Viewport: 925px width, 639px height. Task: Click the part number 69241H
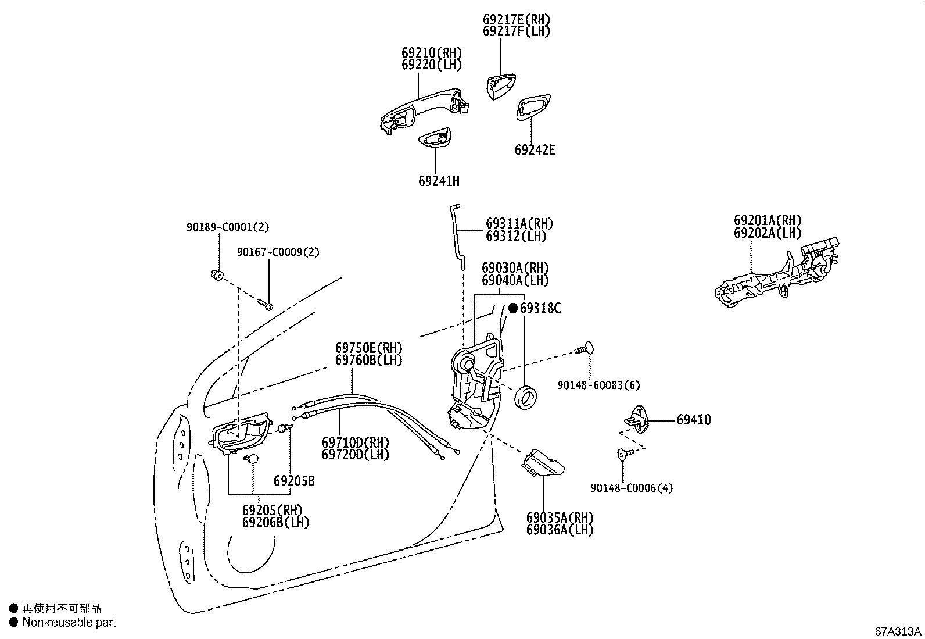click(439, 181)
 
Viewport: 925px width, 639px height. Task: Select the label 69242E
click(535, 150)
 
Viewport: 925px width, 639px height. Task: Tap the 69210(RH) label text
click(431, 53)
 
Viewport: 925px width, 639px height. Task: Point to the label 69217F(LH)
click(516, 31)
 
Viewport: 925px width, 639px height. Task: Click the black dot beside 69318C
click(513, 308)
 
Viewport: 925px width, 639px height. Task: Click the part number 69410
click(693, 420)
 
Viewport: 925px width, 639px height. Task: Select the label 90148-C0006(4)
click(631, 488)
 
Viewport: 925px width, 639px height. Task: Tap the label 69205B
click(294, 481)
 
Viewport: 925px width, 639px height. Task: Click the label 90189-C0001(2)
click(228, 227)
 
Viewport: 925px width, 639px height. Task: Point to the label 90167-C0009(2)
click(278, 252)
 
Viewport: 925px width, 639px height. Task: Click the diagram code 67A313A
click(898, 631)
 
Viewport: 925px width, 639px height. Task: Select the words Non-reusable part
click(69, 622)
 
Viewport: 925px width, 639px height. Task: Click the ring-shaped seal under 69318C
click(527, 398)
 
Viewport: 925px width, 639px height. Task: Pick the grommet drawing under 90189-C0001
click(217, 274)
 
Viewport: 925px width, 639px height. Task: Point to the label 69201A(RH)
click(767, 221)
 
